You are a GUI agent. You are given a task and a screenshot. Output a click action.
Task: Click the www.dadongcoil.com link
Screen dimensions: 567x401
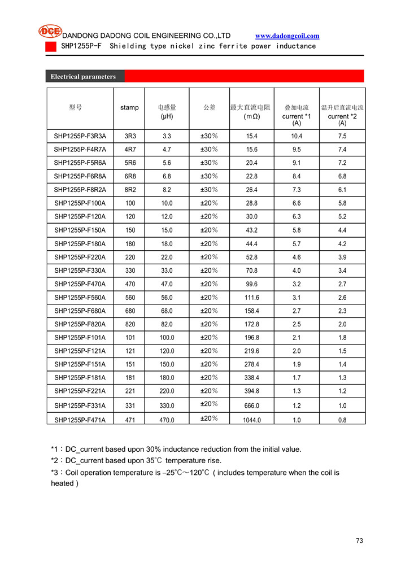click(287, 36)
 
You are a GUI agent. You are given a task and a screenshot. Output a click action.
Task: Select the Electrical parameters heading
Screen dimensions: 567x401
click(83, 77)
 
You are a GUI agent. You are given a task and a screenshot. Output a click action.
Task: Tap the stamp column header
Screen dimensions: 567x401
click(129, 108)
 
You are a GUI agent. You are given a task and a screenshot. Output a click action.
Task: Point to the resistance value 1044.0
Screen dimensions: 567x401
click(251, 420)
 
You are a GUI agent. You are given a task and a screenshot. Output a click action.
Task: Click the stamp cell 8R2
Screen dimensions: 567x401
click(129, 190)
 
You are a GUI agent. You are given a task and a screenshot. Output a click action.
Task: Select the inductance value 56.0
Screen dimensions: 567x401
click(167, 298)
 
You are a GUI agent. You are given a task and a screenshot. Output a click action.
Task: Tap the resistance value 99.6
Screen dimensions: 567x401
click(251, 284)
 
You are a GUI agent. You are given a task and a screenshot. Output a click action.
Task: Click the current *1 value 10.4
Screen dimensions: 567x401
click(297, 136)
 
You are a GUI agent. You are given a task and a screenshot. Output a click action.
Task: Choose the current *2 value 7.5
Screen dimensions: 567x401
click(342, 136)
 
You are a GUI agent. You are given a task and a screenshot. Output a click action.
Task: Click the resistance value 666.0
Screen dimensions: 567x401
click(251, 405)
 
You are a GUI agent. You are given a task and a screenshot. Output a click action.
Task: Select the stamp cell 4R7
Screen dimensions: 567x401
click(129, 150)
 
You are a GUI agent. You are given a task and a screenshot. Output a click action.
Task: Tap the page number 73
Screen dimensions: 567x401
click(359, 541)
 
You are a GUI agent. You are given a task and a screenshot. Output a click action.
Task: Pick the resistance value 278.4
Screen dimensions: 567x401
click(251, 364)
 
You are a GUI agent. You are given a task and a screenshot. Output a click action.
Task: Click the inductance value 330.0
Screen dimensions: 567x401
click(167, 405)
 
